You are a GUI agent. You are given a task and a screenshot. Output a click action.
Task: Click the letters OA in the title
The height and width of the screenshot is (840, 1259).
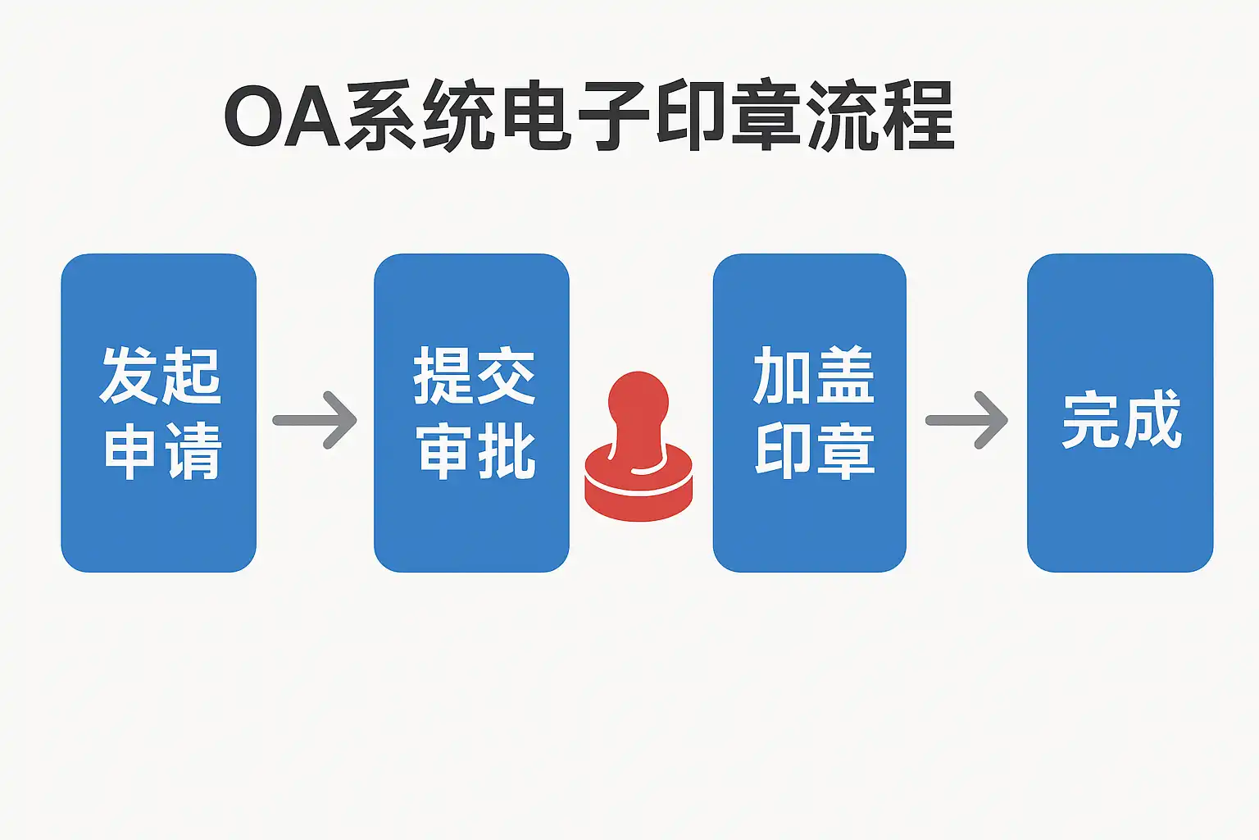pyautogui.click(x=283, y=117)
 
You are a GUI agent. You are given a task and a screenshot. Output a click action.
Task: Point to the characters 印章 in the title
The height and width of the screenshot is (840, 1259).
pyautogui.click(x=729, y=116)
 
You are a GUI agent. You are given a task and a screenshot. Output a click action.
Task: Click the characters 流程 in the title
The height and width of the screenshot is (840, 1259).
pyautogui.click(x=881, y=116)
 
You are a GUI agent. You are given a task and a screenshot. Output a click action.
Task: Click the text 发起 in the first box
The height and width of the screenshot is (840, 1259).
pyautogui.click(x=161, y=376)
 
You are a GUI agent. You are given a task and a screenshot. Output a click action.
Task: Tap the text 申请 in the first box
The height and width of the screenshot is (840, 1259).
pyautogui.click(x=162, y=450)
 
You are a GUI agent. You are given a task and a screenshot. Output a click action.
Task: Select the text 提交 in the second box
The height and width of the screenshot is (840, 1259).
pyautogui.click(x=474, y=376)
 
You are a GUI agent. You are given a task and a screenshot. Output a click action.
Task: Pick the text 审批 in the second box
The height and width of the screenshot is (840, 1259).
pyautogui.click(x=475, y=450)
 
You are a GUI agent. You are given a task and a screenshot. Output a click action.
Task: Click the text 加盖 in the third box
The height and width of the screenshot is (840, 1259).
pyautogui.click(x=813, y=376)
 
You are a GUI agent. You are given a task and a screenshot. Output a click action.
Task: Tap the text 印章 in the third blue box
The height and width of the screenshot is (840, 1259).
pyautogui.click(x=815, y=450)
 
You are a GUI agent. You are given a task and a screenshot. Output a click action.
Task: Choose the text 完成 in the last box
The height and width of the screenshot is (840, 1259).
pyautogui.click(x=1121, y=420)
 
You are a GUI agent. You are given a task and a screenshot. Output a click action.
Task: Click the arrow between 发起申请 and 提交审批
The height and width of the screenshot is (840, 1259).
pyautogui.click(x=316, y=420)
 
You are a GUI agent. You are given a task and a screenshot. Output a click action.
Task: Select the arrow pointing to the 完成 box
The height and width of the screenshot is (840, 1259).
pyautogui.click(x=967, y=420)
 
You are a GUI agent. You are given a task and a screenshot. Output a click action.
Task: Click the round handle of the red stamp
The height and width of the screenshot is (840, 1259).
pyautogui.click(x=638, y=402)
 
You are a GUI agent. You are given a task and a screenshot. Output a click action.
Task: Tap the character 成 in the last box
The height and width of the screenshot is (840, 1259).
pyautogui.click(x=1152, y=420)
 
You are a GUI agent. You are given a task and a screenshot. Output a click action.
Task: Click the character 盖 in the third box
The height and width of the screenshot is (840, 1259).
pyautogui.click(x=845, y=376)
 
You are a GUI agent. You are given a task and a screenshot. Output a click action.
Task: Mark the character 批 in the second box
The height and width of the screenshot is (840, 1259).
pyautogui.click(x=507, y=450)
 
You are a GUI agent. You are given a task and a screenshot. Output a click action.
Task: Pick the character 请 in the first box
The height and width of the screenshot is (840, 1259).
pyautogui.click(x=193, y=450)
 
